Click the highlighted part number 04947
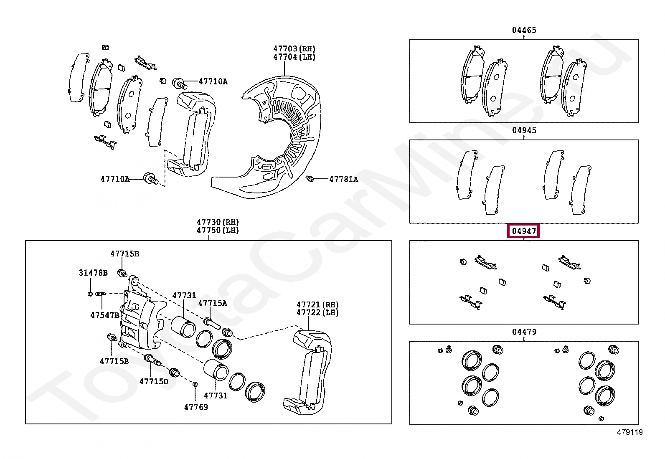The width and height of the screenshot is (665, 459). [524, 231]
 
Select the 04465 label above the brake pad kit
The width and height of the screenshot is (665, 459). [524, 30]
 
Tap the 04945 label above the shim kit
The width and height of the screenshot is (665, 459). [524, 130]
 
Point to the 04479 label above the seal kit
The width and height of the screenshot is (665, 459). [524, 332]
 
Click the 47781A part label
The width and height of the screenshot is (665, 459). [343, 179]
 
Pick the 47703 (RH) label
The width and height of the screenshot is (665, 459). [294, 49]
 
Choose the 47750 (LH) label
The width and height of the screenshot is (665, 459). [218, 230]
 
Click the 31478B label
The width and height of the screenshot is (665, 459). [93, 273]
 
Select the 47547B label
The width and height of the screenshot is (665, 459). [105, 315]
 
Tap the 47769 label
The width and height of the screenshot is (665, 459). [196, 407]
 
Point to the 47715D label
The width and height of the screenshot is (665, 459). [153, 381]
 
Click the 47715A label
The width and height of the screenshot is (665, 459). [212, 303]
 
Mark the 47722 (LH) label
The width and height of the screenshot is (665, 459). [317, 312]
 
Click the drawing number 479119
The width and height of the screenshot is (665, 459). [629, 432]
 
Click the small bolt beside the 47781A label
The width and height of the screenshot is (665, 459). [310, 179]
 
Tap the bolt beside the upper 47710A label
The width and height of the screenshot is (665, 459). [180, 83]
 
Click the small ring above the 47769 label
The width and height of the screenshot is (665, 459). [195, 384]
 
